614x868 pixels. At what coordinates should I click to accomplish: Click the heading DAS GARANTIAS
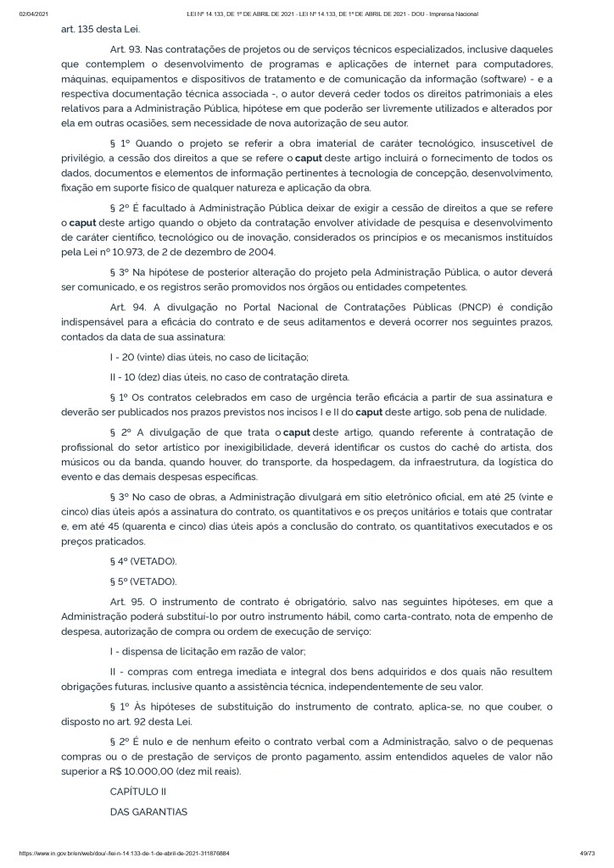[148, 811]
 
